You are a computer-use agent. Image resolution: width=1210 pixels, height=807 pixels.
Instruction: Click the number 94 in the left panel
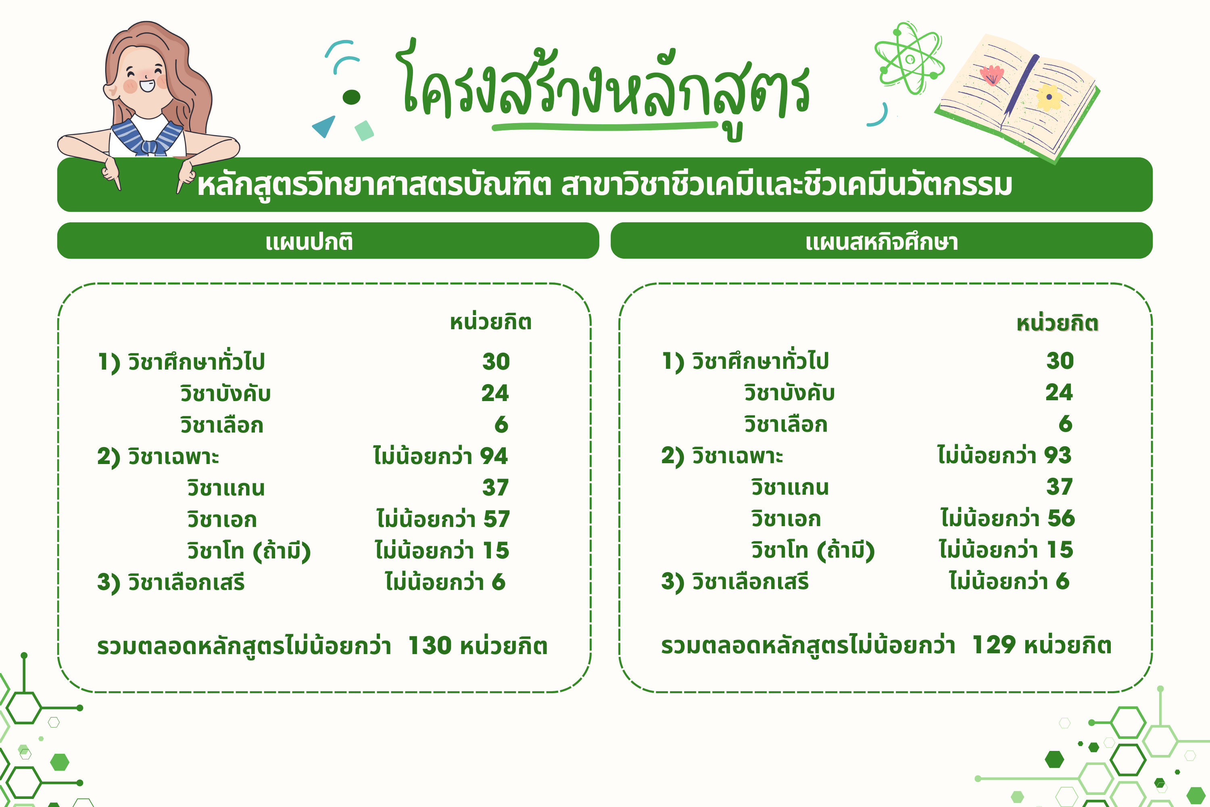coord(494,456)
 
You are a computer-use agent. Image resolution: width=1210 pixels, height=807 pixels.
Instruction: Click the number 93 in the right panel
coord(1058,456)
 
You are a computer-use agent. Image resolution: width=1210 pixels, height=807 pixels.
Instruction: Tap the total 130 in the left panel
coord(430,645)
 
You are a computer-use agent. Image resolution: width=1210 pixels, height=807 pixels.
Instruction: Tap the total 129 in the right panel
coord(994,645)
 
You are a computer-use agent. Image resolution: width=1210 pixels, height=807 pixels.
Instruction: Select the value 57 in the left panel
coord(497,519)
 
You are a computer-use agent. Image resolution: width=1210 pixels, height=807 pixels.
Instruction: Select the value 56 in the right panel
coord(1061,518)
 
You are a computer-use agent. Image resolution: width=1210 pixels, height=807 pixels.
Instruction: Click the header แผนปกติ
coord(309,241)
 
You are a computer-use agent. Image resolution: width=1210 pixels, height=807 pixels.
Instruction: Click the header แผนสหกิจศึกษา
coord(882,241)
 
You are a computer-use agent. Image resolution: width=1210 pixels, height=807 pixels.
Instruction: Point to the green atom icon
coord(910,58)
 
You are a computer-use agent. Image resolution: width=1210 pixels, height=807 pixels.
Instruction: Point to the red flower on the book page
coord(991,75)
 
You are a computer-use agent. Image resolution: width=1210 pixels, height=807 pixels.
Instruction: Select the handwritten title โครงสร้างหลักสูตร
coord(605,88)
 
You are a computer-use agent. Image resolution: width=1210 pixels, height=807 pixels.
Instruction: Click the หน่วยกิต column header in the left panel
coord(490,322)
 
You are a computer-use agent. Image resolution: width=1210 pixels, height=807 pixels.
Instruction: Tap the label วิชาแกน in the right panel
coord(790,487)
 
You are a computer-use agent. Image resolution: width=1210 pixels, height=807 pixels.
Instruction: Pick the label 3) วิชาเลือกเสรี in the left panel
coord(171,583)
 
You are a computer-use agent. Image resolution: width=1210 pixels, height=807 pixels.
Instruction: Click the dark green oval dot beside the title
coord(351,97)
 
